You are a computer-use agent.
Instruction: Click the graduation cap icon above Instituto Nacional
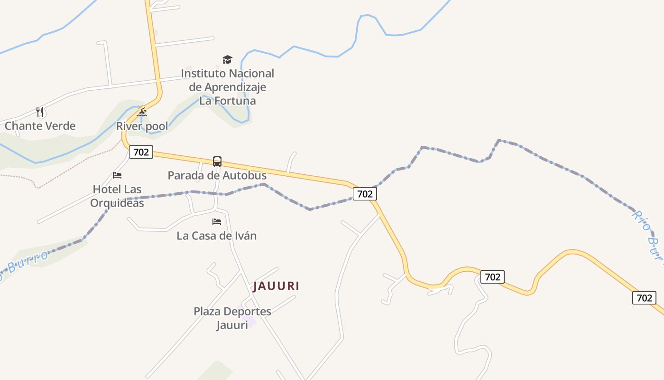tap(228, 60)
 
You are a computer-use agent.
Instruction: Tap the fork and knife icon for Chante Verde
tap(40, 112)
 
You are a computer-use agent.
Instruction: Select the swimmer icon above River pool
tap(142, 113)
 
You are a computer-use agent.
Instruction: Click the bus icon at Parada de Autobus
tap(217, 161)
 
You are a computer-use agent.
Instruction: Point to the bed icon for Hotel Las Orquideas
tap(117, 175)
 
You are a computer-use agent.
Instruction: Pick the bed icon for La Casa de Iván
tap(217, 222)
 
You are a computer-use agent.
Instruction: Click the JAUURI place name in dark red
tap(276, 286)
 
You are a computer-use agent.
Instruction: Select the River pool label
tap(142, 126)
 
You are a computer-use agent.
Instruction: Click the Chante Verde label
tap(40, 126)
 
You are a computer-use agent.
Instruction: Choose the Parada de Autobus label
tap(217, 175)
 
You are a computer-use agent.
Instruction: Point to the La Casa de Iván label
tap(217, 236)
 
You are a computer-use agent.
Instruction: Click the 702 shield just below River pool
tap(141, 152)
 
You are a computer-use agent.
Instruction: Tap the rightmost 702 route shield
tap(644, 298)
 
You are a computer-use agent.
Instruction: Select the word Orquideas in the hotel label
tap(117, 203)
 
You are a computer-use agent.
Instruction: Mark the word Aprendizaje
tap(235, 87)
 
